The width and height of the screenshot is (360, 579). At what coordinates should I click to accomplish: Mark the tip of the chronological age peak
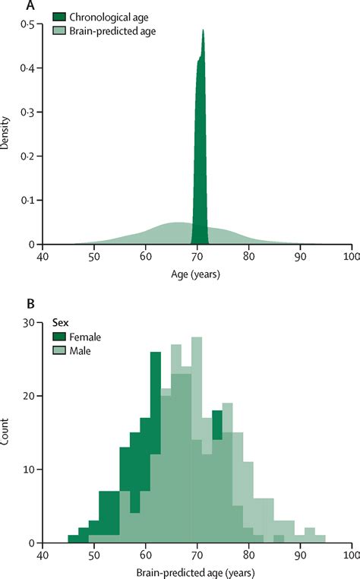[203, 31]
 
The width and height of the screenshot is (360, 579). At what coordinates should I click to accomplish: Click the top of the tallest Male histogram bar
[197, 338]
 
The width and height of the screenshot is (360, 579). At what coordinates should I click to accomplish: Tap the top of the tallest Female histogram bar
[155, 353]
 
